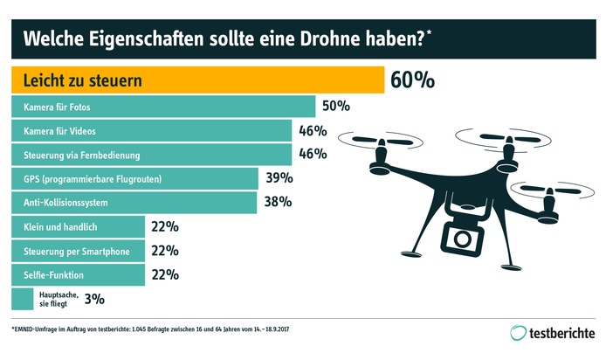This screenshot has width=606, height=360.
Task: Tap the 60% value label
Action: click(x=412, y=80)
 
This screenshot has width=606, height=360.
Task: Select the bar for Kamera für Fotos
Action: click(x=162, y=107)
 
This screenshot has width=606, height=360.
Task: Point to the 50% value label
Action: click(x=335, y=107)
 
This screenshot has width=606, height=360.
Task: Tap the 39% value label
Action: click(x=279, y=179)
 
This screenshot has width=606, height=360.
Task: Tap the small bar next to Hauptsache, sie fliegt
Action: click(x=22, y=299)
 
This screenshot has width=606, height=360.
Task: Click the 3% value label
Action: click(x=94, y=299)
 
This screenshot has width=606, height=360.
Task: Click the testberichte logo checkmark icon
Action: click(x=519, y=333)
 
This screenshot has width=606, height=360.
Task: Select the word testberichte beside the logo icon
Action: click(x=563, y=333)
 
